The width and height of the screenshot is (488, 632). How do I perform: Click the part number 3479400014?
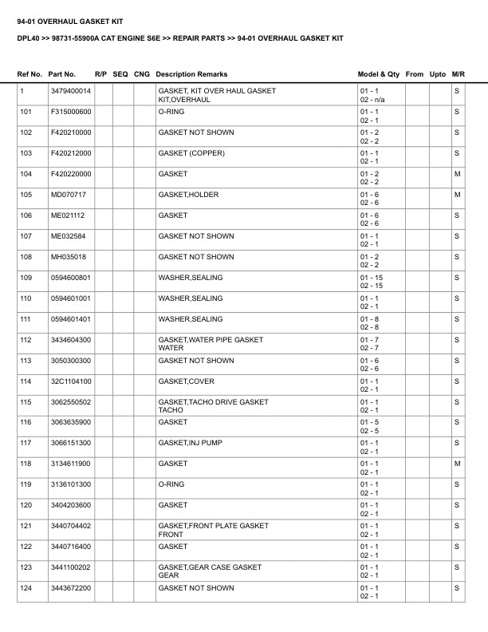(x=70, y=91)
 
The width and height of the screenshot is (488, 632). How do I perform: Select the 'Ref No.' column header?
(x=30, y=74)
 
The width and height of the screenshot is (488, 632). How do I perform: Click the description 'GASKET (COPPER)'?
(x=191, y=153)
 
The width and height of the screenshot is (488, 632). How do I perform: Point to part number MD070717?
(x=68, y=195)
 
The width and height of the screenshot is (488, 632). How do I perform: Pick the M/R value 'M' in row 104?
(x=457, y=174)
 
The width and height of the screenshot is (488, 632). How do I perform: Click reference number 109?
(x=26, y=278)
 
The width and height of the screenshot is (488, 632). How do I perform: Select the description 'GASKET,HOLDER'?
(x=188, y=195)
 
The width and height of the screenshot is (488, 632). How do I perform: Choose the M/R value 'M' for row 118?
(x=457, y=464)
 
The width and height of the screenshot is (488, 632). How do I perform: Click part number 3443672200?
(x=71, y=588)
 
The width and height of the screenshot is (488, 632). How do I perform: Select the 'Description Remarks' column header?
(x=191, y=74)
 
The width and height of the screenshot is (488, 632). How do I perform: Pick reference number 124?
(x=26, y=588)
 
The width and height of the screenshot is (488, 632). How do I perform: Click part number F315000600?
(x=71, y=112)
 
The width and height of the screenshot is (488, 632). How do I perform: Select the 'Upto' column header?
(x=438, y=74)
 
